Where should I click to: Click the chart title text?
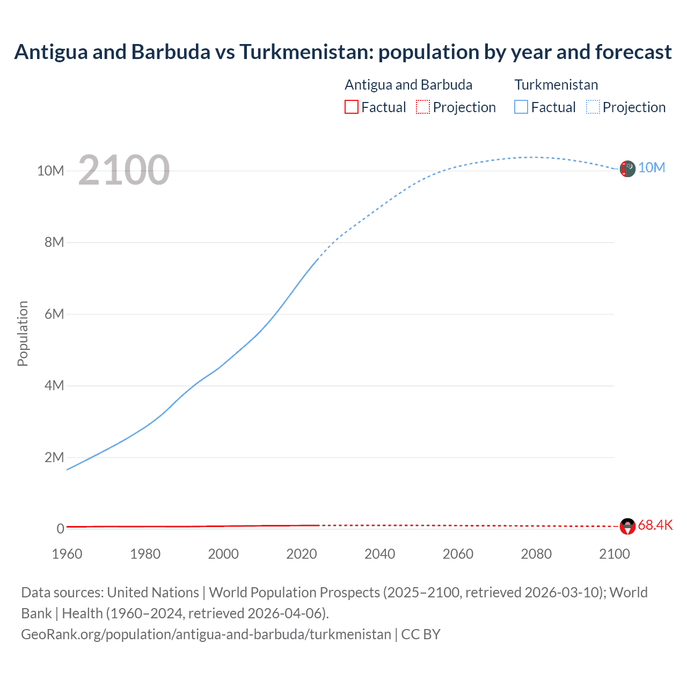[343, 52]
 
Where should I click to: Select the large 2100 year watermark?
[124, 170]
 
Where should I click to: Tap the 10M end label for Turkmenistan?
[651, 168]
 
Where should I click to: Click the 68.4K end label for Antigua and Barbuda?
[655, 525]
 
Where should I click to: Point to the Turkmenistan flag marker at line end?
[627, 169]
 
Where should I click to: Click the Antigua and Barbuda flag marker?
[627, 526]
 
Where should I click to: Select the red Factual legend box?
[352, 107]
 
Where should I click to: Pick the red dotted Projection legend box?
[423, 107]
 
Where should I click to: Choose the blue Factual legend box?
[521, 107]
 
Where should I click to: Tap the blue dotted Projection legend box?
[593, 107]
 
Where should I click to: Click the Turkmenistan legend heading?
[556, 85]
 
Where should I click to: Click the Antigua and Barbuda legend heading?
[408, 85]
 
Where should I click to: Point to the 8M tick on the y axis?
[54, 242]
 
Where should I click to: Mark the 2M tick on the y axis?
[54, 457]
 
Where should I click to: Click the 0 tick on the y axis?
[60, 529]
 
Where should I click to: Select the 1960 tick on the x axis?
[67, 554]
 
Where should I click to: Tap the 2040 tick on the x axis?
[379, 554]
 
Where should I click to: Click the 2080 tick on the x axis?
[536, 554]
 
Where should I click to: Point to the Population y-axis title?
[23, 333]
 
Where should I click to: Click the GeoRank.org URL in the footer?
[206, 634]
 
